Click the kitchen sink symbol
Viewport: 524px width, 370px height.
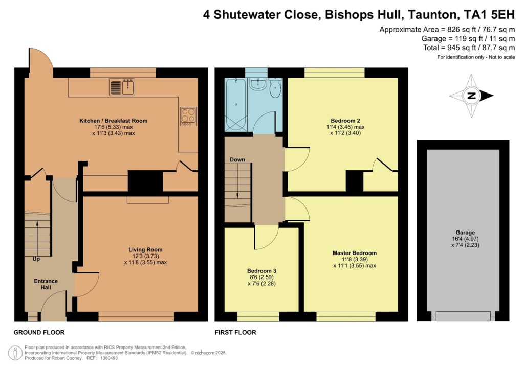coord(122,87)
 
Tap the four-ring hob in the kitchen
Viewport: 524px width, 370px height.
coord(187,116)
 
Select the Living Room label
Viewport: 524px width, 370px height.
coord(145,250)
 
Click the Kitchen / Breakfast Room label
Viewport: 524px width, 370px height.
coord(113,121)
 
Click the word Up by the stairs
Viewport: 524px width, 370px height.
coord(36,259)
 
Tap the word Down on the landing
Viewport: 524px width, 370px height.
coord(237,160)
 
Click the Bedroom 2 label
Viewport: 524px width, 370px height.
coord(344,121)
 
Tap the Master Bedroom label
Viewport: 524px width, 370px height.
coord(355,253)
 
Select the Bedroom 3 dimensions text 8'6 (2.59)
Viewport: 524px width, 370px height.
coord(261,277)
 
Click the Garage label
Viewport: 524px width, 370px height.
coord(463,232)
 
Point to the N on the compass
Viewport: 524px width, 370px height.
coord(472,96)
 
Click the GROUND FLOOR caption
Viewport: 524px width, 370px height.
coord(39,332)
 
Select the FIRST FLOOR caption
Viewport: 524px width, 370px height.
coord(235,332)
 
